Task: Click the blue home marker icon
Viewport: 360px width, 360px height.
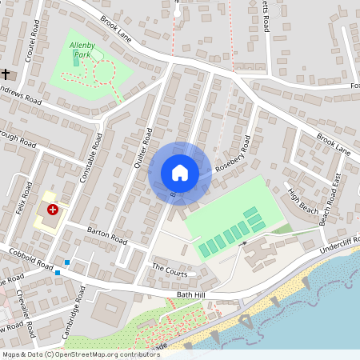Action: [x=180, y=173]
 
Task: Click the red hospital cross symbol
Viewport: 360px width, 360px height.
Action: [x=53, y=210]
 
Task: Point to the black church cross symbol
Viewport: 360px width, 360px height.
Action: [x=6, y=74]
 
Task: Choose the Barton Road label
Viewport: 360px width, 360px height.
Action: [x=108, y=235]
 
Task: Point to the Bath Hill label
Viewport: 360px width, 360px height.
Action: [x=191, y=295]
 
